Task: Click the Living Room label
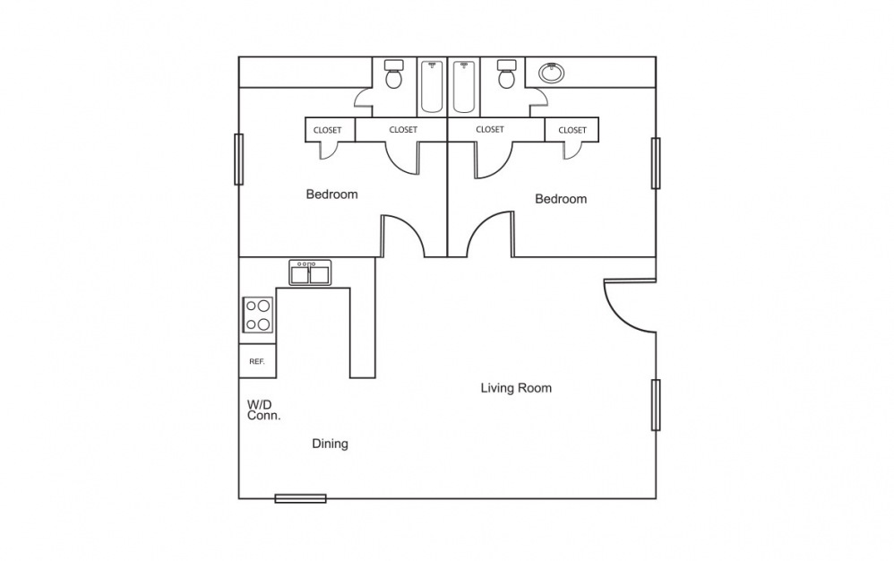(x=516, y=388)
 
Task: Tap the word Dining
(x=330, y=444)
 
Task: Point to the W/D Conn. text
(x=264, y=410)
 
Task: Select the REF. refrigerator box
(x=257, y=361)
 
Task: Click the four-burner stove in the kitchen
(x=258, y=315)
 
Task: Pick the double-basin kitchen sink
(x=310, y=272)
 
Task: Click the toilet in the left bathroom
(x=393, y=75)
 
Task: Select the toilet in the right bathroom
(x=506, y=75)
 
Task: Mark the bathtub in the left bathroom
(x=432, y=86)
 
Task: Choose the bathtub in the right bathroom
(x=463, y=86)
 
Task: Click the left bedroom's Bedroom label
(x=331, y=194)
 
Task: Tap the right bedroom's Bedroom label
(x=561, y=199)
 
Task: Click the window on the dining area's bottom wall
(x=300, y=498)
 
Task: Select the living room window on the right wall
(x=656, y=404)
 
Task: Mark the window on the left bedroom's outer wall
(x=239, y=160)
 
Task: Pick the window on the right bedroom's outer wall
(x=656, y=163)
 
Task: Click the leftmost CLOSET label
(x=327, y=130)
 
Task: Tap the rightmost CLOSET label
(x=572, y=130)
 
